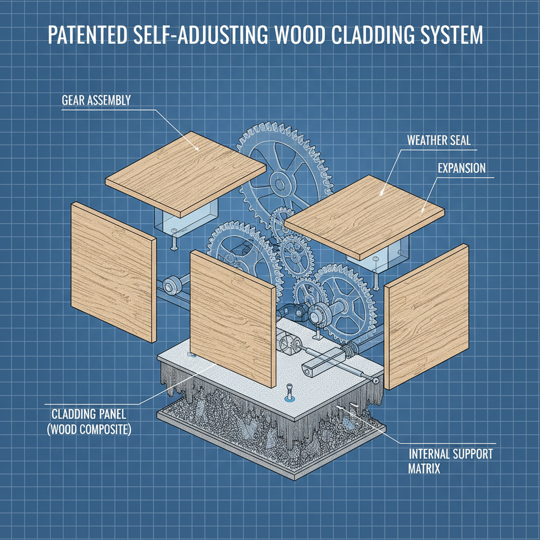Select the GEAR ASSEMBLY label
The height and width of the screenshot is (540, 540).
tap(96, 99)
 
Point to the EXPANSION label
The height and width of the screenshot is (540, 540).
tap(462, 168)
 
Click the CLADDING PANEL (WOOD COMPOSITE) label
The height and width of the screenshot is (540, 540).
tap(90, 421)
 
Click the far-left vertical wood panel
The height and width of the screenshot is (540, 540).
tap(112, 272)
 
